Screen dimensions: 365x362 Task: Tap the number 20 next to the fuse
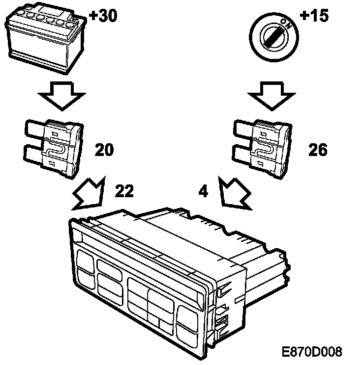pyautogui.click(x=105, y=150)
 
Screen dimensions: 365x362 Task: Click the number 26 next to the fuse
pyautogui.click(x=318, y=150)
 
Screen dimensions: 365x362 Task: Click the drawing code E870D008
pyautogui.click(x=312, y=352)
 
